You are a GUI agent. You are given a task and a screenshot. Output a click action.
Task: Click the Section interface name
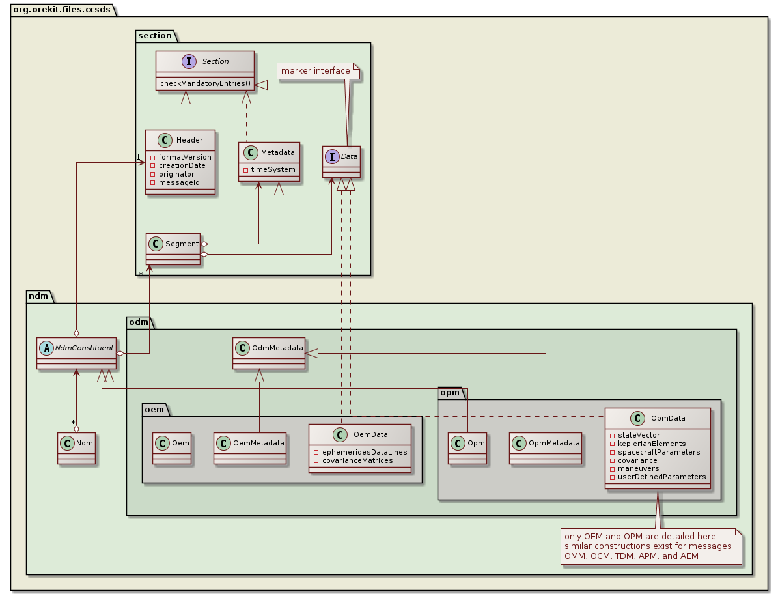tap(215, 61)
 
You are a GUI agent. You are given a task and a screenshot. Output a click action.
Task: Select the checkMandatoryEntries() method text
tap(204, 83)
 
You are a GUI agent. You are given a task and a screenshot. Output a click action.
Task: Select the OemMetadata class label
tap(258, 443)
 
